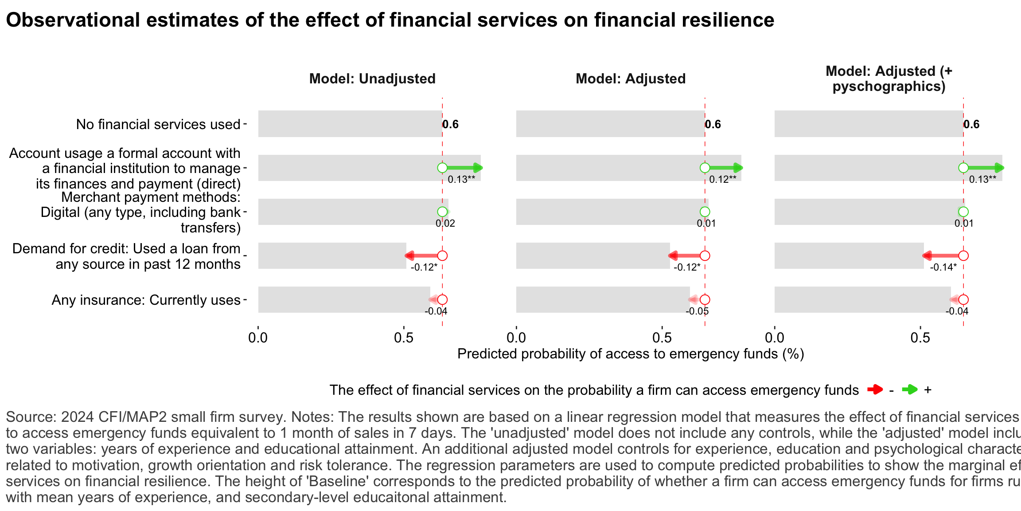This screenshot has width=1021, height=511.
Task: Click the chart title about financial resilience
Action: (390, 20)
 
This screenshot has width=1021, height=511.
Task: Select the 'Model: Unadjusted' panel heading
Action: (372, 79)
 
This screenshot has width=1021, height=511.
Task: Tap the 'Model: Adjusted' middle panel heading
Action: (630, 79)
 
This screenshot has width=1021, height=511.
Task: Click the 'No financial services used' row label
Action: (158, 124)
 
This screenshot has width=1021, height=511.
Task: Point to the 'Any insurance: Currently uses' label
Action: (146, 300)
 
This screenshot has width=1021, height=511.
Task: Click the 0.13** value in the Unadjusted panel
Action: (461, 180)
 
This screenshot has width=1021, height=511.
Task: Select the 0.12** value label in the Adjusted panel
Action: (722, 180)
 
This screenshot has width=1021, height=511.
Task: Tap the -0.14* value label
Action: (943, 267)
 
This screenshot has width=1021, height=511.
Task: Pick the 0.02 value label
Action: (445, 224)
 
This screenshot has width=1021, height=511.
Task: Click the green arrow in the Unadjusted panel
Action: (464, 168)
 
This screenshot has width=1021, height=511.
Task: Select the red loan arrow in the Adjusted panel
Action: (686, 255)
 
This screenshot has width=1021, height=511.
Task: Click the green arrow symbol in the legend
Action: (910, 390)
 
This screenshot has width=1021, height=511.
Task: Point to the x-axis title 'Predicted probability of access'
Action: (630, 354)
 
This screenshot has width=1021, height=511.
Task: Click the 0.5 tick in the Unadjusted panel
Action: (403, 338)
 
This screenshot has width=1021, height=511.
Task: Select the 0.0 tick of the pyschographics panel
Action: (775, 338)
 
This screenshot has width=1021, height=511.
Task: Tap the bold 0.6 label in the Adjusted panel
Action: (713, 125)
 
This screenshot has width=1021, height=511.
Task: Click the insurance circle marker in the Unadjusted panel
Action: (442, 300)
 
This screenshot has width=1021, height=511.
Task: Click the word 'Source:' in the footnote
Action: (31, 417)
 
